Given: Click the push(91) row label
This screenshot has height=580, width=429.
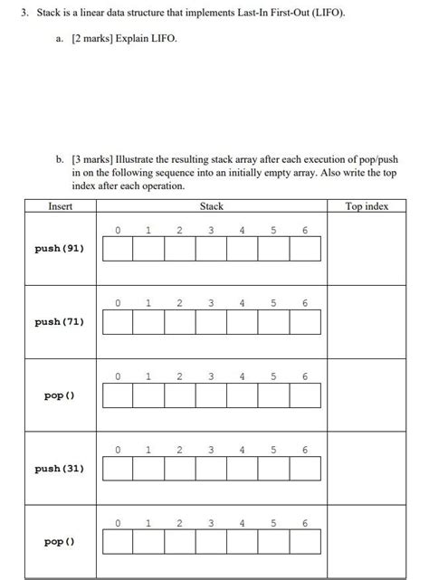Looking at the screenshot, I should (x=59, y=248).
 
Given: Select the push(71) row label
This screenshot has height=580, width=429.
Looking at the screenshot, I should (x=59, y=321).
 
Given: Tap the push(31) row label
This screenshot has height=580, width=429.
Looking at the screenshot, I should (x=59, y=469).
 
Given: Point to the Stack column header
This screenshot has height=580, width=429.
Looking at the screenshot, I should (x=212, y=206).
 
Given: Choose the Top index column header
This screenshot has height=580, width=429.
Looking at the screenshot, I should (x=367, y=206).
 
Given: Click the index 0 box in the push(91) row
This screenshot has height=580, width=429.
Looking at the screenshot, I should (x=119, y=249).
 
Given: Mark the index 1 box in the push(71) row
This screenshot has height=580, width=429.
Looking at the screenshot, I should (x=149, y=322).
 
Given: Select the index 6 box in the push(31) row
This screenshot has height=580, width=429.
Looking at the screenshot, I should (x=305, y=469).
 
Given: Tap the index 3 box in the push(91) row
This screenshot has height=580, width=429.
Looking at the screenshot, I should (x=212, y=249).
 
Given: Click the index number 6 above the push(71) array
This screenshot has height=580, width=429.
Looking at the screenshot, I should (x=305, y=303).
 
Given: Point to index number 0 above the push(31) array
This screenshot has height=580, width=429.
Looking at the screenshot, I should (x=119, y=450).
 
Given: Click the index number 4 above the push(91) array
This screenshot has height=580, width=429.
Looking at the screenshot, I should (x=243, y=230).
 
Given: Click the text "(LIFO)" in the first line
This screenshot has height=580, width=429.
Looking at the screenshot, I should (x=325, y=15).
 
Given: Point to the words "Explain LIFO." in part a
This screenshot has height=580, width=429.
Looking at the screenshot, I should (x=140, y=42).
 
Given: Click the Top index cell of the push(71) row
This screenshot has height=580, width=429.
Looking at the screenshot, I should (x=367, y=321).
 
